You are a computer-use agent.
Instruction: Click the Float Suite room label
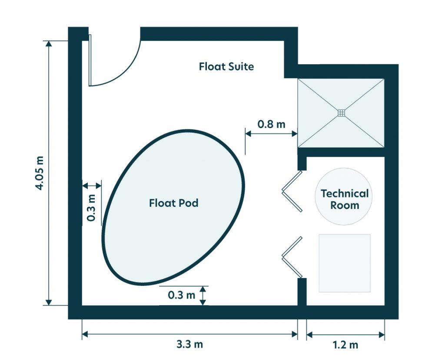pos(226,66)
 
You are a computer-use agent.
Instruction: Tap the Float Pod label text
pos(173,203)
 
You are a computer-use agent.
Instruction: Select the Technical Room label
pos(345,199)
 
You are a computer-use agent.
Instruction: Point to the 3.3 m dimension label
pos(189,345)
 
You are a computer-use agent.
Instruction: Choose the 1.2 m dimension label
pos(345,345)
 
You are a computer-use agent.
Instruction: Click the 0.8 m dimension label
pos(271,124)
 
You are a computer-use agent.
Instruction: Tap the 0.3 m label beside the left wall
pos(91,208)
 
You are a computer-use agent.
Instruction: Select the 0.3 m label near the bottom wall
pos(182,295)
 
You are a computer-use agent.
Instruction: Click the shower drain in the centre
pos(341,113)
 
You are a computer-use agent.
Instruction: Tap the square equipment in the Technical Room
pos(345,263)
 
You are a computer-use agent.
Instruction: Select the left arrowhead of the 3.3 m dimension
pos(85,334)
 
